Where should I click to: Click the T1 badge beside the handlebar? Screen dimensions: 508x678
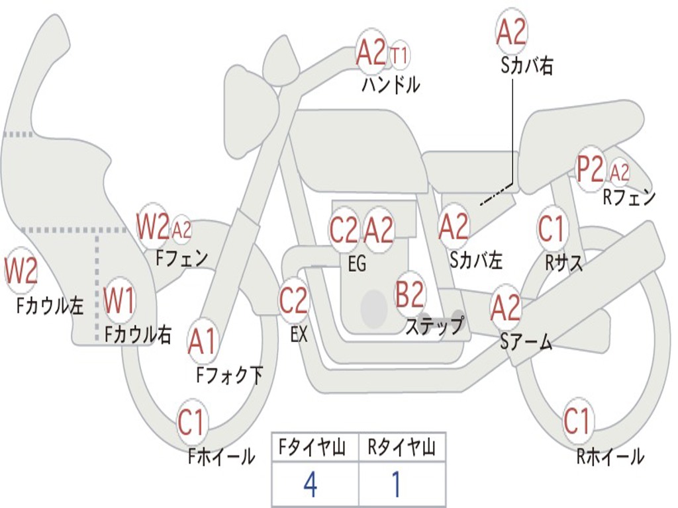click(399, 55)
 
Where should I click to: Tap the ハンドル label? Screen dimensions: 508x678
click(391, 85)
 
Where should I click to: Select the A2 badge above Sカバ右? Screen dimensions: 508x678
click(511, 32)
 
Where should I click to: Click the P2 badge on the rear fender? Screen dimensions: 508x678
click(590, 171)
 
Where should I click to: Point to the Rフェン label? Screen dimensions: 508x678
click(628, 196)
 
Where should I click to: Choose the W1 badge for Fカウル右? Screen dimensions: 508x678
click(120, 301)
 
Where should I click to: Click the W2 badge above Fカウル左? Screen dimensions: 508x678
click(21, 271)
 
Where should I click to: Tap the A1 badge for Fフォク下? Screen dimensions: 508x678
click(202, 341)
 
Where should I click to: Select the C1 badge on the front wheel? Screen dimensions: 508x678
click(193, 422)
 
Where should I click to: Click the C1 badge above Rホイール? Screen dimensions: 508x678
click(577, 420)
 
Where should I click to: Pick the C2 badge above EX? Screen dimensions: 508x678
click(293, 301)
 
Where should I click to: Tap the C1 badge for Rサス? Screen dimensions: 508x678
click(551, 229)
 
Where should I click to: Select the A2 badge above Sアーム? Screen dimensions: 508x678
click(506, 308)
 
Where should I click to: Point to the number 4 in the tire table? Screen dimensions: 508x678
click(310, 485)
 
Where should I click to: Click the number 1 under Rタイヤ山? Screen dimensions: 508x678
click(397, 485)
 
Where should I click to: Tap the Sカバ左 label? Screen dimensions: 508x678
click(475, 260)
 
